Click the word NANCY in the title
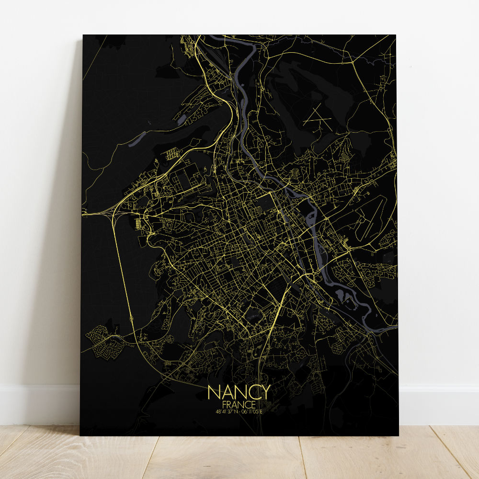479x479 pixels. point(239,392)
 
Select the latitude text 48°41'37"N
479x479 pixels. point(226,411)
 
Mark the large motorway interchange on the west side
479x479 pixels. point(117,211)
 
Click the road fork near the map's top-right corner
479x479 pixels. point(354,62)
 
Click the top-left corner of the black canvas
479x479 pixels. point(83,35)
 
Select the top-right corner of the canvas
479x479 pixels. point(396,35)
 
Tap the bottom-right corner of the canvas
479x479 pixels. point(398,435)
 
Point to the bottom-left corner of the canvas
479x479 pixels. point(80,435)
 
